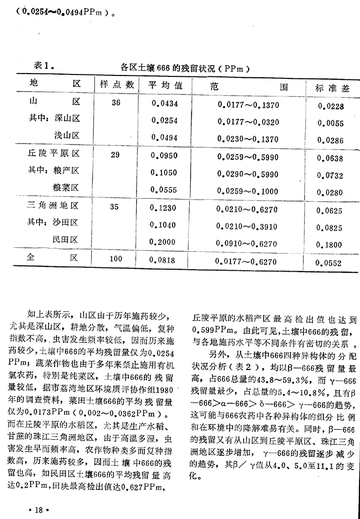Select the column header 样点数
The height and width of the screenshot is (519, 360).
(x=117, y=84)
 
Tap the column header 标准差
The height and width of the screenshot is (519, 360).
(x=333, y=88)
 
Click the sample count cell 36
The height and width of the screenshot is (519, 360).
(x=115, y=103)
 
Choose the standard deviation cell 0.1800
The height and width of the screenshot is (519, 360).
(x=330, y=245)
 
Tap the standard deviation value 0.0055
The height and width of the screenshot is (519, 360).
(x=330, y=124)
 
